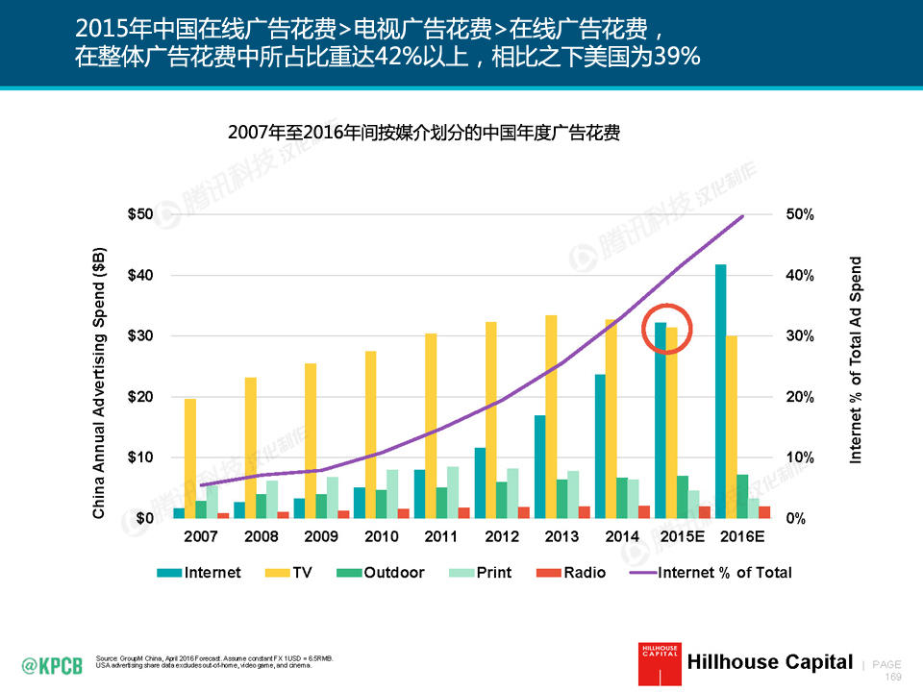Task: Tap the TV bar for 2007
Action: (x=190, y=457)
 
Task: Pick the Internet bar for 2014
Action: (x=600, y=445)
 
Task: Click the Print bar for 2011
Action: (x=453, y=492)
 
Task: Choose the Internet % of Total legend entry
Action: (x=711, y=573)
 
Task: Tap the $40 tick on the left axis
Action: (x=140, y=275)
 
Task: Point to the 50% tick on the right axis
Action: (x=800, y=214)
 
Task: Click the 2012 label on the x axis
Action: (x=502, y=535)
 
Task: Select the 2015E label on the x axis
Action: (x=681, y=535)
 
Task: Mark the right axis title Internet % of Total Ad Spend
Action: (x=856, y=360)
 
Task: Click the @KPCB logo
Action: (x=52, y=664)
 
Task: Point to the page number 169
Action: (x=891, y=677)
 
